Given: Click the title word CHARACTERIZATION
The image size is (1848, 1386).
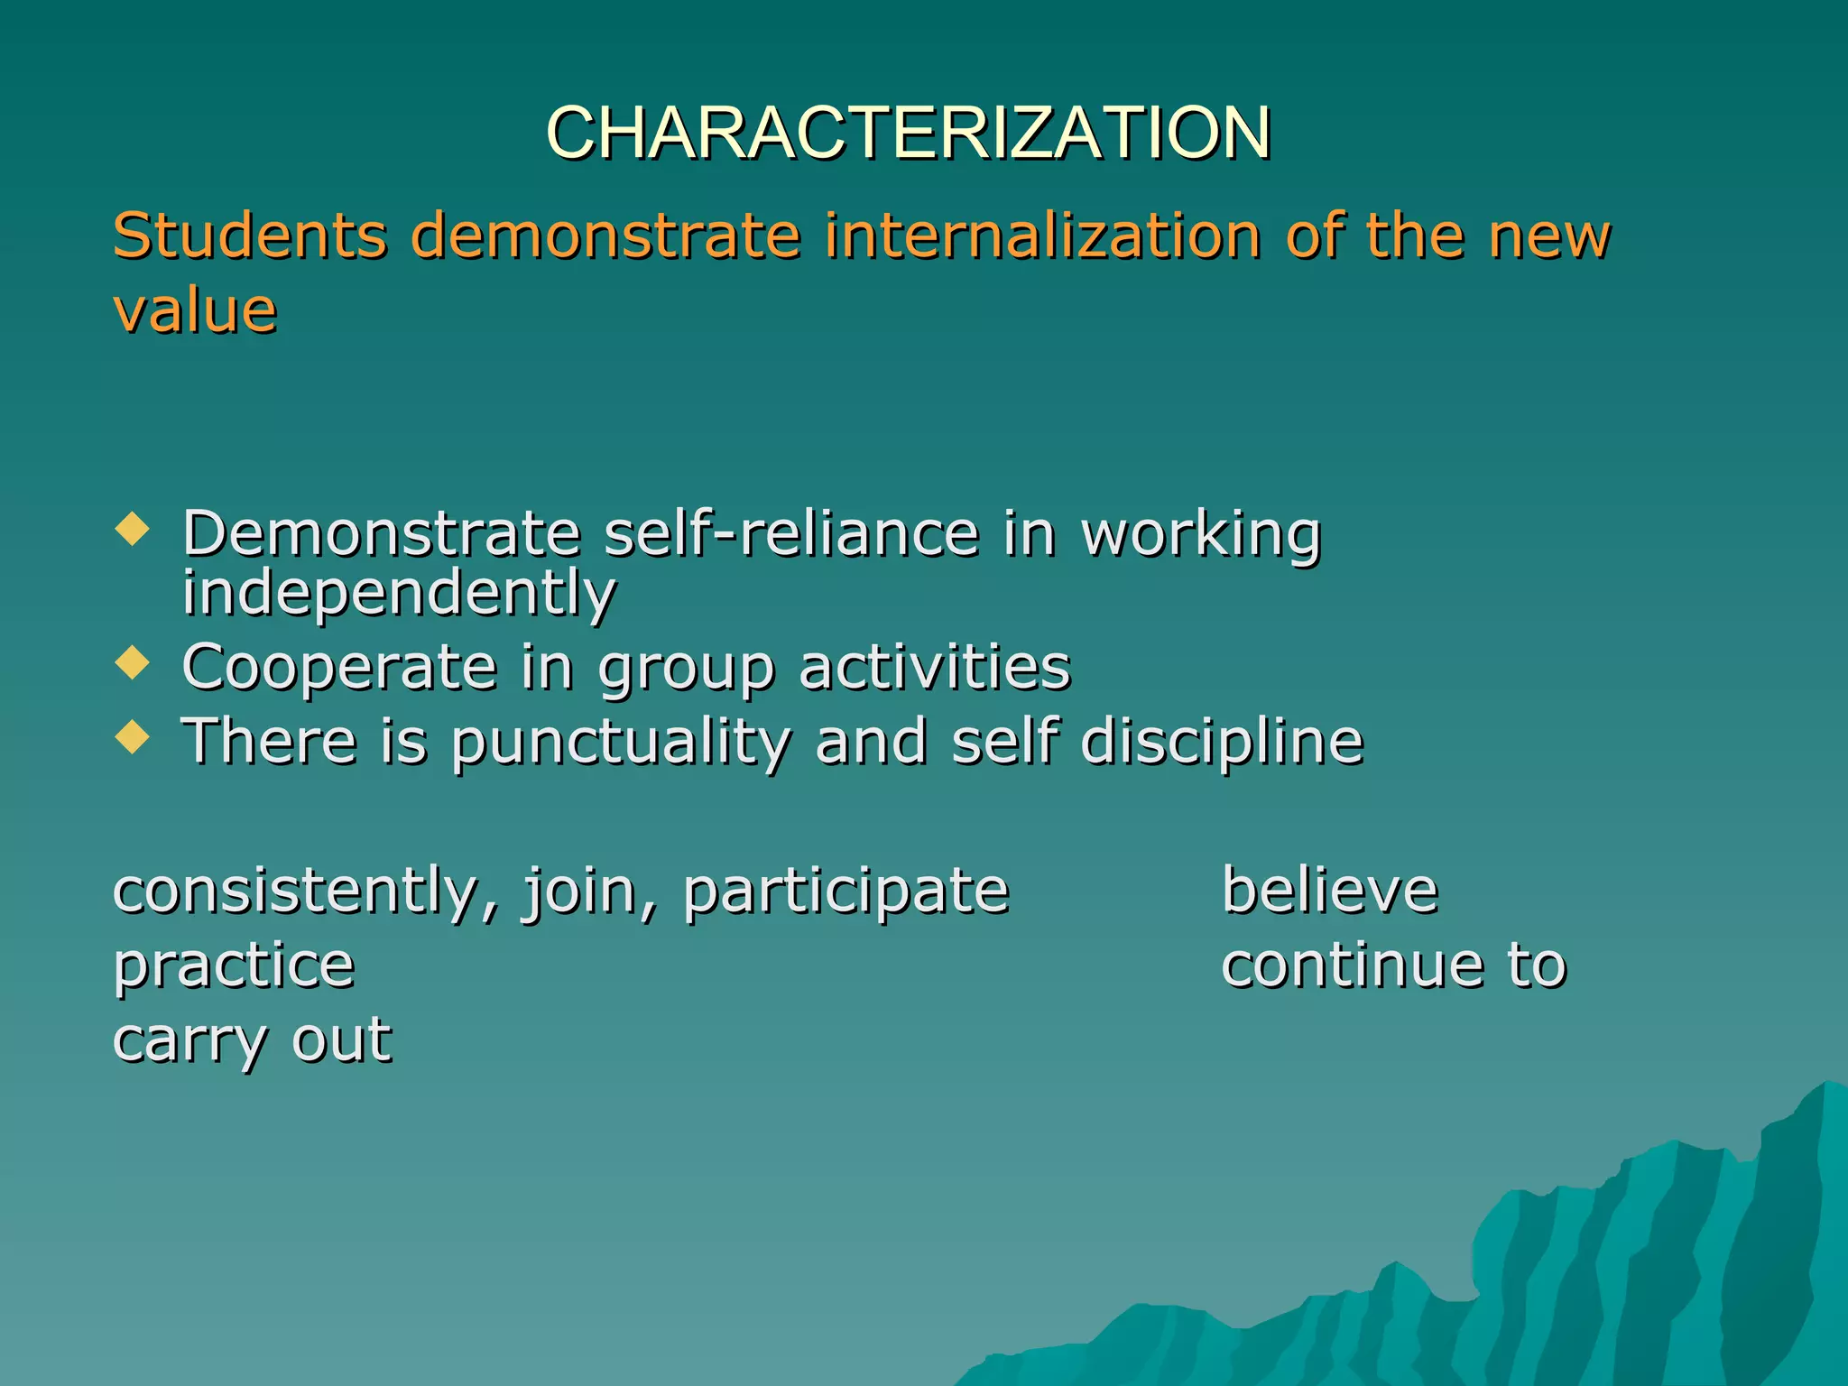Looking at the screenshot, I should coord(908,133).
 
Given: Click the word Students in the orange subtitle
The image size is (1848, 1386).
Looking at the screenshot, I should coord(250,236).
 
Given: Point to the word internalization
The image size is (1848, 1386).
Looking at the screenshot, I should coord(1041,236).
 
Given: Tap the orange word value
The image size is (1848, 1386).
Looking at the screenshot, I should coord(195,310).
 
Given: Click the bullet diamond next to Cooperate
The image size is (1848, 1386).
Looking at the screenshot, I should coord(133,664).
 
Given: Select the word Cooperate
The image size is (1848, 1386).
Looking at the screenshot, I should coord(339,668).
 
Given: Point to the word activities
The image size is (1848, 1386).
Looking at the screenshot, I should coord(935,668).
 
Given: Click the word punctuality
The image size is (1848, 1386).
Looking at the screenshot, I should coord(621,742).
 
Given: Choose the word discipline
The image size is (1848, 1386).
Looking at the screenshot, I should coord(1222,742).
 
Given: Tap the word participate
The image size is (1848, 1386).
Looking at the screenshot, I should coord(845,892).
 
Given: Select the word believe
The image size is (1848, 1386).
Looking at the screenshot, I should coord(1329,890).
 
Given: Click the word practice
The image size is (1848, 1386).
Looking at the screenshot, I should coord(234,966).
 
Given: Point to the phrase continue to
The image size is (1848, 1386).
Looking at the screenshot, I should coord(1394,965).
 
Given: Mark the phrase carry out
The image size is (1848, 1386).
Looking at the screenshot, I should coord(252,1040).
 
